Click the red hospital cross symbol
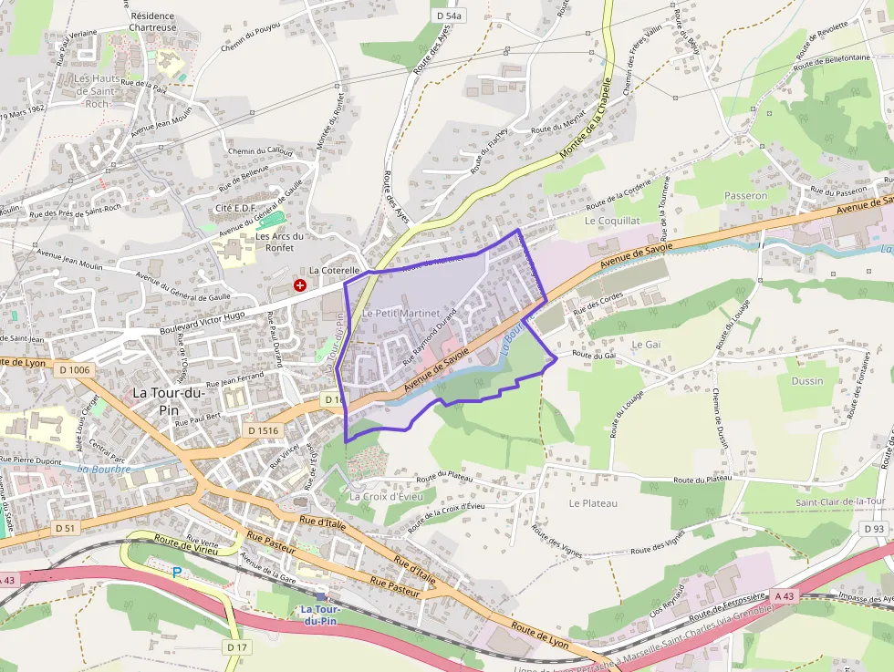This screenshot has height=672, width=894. [299, 285]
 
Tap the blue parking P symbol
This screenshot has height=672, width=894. [177, 573]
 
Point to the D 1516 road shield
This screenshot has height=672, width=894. [263, 429]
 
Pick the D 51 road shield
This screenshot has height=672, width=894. [64, 528]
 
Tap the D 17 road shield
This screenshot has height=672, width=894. [236, 647]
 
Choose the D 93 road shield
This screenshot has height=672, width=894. [873, 528]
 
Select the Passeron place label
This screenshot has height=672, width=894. [745, 195]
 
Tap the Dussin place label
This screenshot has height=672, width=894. [806, 381]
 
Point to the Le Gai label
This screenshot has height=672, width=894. [646, 344]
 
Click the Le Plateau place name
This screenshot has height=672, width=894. [593, 503]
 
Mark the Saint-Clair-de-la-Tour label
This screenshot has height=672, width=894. [840, 501]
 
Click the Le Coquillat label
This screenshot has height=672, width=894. [612, 221]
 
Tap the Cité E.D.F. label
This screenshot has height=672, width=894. [236, 208]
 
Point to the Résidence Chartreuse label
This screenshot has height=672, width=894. [152, 22]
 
